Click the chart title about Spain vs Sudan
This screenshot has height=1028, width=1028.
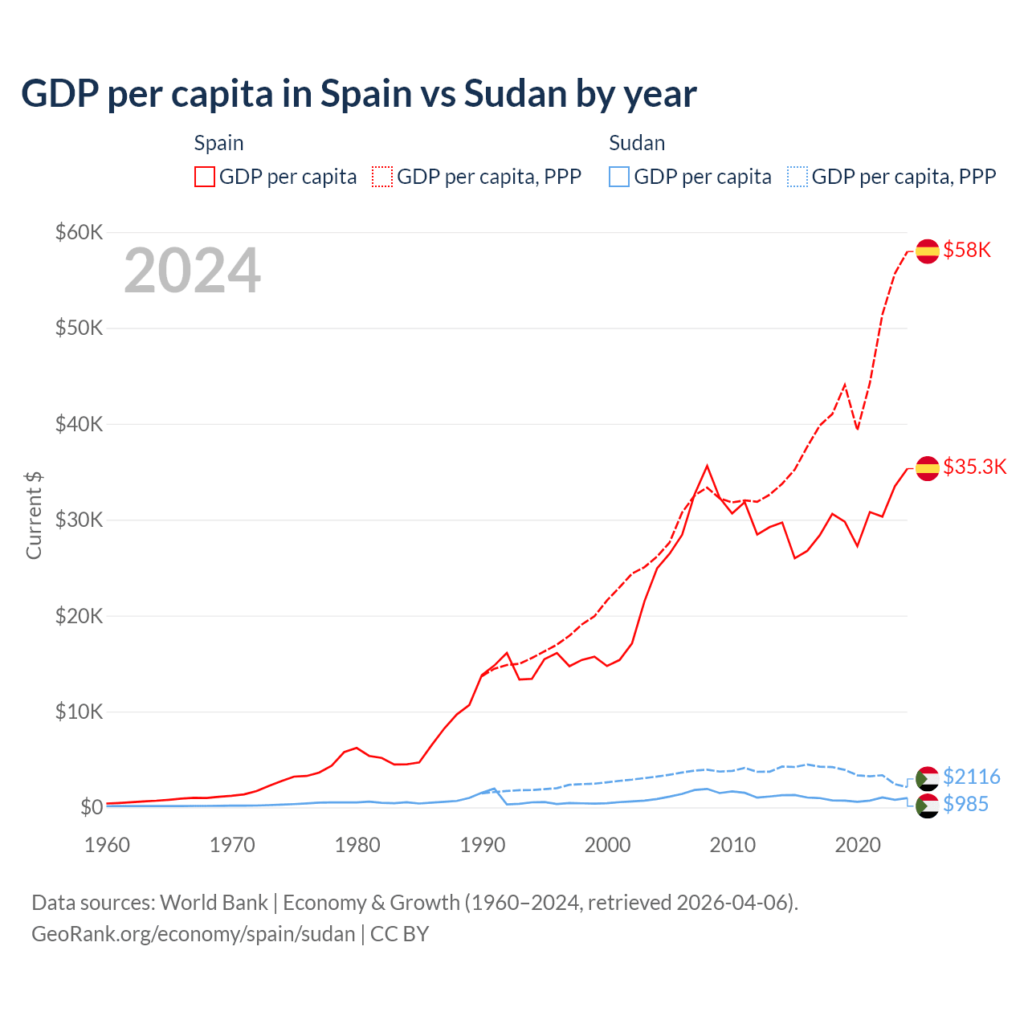pyautogui.click(x=358, y=94)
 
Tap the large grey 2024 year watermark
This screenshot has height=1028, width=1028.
pyautogui.click(x=192, y=271)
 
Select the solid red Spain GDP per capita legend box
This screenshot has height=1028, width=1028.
pyautogui.click(x=205, y=177)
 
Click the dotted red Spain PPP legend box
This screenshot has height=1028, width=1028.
pyautogui.click(x=382, y=177)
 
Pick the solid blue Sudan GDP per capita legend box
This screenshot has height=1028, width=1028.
pyautogui.click(x=619, y=177)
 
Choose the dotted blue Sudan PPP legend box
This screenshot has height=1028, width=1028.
pyautogui.click(x=798, y=177)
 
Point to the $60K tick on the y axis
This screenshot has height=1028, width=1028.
pyautogui.click(x=79, y=233)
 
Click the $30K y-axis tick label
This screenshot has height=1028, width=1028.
pyautogui.click(x=79, y=520)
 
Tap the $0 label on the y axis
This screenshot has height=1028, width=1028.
pyautogui.click(x=92, y=807)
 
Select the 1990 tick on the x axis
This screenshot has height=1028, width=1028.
pyautogui.click(x=483, y=845)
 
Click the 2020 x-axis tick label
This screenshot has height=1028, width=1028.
pyautogui.click(x=858, y=845)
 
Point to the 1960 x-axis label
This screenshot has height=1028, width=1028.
pyautogui.click(x=108, y=845)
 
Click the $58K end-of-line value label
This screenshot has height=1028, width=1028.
pyautogui.click(x=967, y=251)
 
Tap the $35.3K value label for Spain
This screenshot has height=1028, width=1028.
pyautogui.click(x=974, y=467)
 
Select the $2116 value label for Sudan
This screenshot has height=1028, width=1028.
pyautogui.click(x=971, y=777)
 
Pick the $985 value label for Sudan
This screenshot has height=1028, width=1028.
pyautogui.click(x=965, y=804)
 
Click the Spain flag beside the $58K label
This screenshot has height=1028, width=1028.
pyautogui.click(x=928, y=251)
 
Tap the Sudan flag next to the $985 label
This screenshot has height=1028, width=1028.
pyautogui.click(x=928, y=806)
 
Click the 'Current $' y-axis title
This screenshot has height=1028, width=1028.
pyautogui.click(x=34, y=516)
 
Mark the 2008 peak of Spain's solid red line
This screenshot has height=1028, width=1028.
pyautogui.click(x=707, y=466)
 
